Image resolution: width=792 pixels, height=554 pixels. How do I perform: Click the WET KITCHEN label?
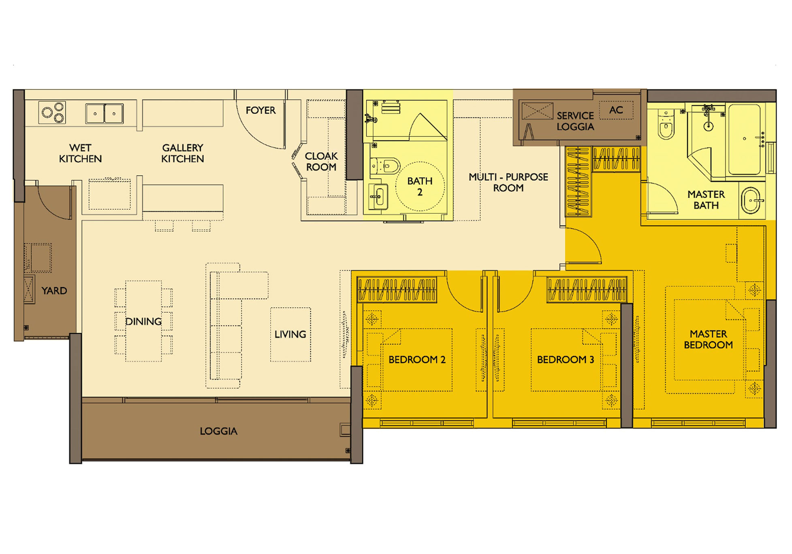click(x=80, y=153)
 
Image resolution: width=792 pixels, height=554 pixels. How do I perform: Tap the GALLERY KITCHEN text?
click(x=183, y=153)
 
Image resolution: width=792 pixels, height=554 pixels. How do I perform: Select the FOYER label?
click(x=260, y=110)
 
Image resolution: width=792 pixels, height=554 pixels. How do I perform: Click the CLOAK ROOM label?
click(x=321, y=162)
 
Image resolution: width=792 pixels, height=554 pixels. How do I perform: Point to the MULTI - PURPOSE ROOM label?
click(x=508, y=182)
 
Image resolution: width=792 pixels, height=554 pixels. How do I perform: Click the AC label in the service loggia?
click(x=616, y=110)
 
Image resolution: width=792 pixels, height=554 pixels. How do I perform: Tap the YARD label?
click(x=54, y=290)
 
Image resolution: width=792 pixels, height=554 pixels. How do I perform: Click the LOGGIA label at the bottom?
click(x=218, y=431)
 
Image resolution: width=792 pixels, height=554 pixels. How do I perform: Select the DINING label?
click(x=143, y=322)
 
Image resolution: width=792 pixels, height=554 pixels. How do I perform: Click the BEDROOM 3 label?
click(x=566, y=360)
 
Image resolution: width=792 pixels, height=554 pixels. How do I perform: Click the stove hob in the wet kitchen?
click(x=52, y=112)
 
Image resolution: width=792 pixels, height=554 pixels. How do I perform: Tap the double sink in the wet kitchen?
click(x=105, y=113)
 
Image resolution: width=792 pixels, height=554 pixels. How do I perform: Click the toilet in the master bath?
click(x=666, y=125)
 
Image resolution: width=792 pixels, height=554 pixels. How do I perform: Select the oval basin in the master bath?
click(x=752, y=200)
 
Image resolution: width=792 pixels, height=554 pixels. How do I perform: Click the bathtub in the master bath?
click(x=745, y=139)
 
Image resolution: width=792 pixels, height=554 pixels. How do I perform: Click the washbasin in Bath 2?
click(x=378, y=197)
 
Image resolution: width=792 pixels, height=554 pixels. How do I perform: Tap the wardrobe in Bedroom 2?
click(x=397, y=290)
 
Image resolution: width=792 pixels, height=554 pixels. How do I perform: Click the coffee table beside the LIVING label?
click(x=290, y=335)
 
